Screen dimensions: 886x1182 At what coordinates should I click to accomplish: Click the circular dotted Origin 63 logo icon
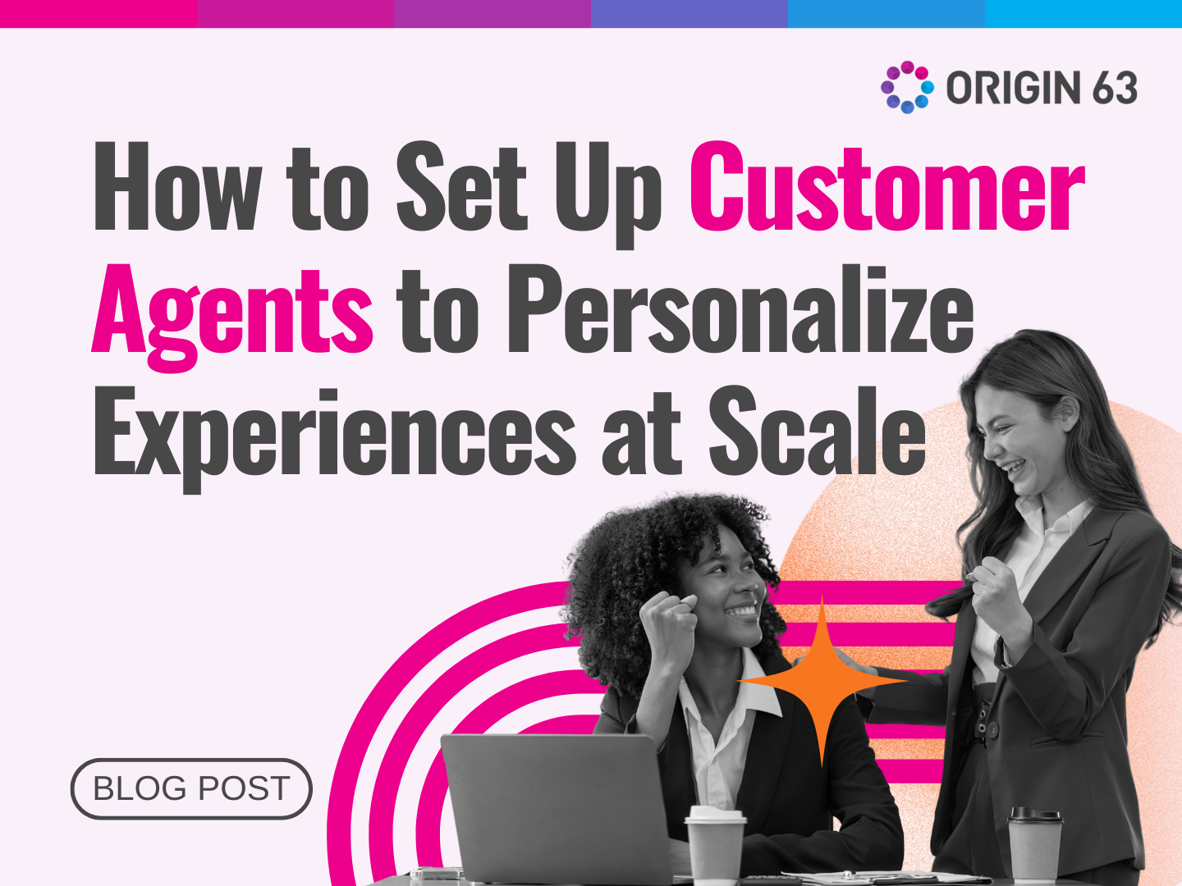pos(907,87)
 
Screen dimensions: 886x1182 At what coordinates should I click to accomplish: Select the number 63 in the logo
pos(1115,88)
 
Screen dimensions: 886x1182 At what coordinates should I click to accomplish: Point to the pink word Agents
pos(233,312)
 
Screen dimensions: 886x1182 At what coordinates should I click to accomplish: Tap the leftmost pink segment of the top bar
pos(98,13)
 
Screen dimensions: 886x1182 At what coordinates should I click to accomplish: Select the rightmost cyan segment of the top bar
pos(1083,13)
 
